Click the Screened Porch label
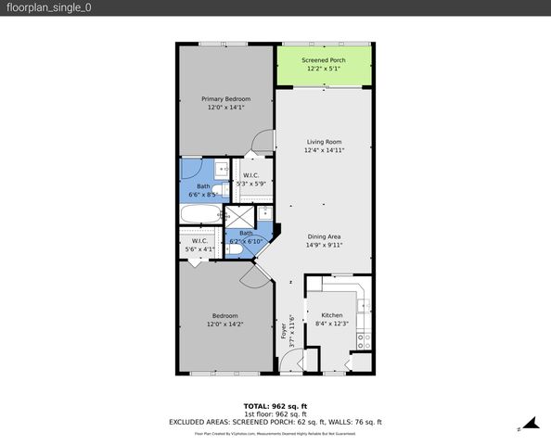325,60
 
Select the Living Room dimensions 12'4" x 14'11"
324,150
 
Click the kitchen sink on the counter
365,299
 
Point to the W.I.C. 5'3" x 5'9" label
250,180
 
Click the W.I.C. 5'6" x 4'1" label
200,245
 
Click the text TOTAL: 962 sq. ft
275,406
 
